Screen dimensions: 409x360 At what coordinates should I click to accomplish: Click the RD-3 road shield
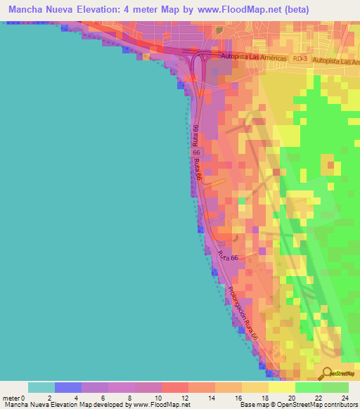click(300, 61)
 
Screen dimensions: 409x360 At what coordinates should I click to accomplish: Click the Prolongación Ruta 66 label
click(243, 314)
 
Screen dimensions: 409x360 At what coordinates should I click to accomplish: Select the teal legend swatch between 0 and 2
click(41, 387)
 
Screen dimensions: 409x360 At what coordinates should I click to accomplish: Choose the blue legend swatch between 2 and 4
click(68, 387)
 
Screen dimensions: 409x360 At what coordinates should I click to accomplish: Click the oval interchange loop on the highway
click(198, 67)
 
